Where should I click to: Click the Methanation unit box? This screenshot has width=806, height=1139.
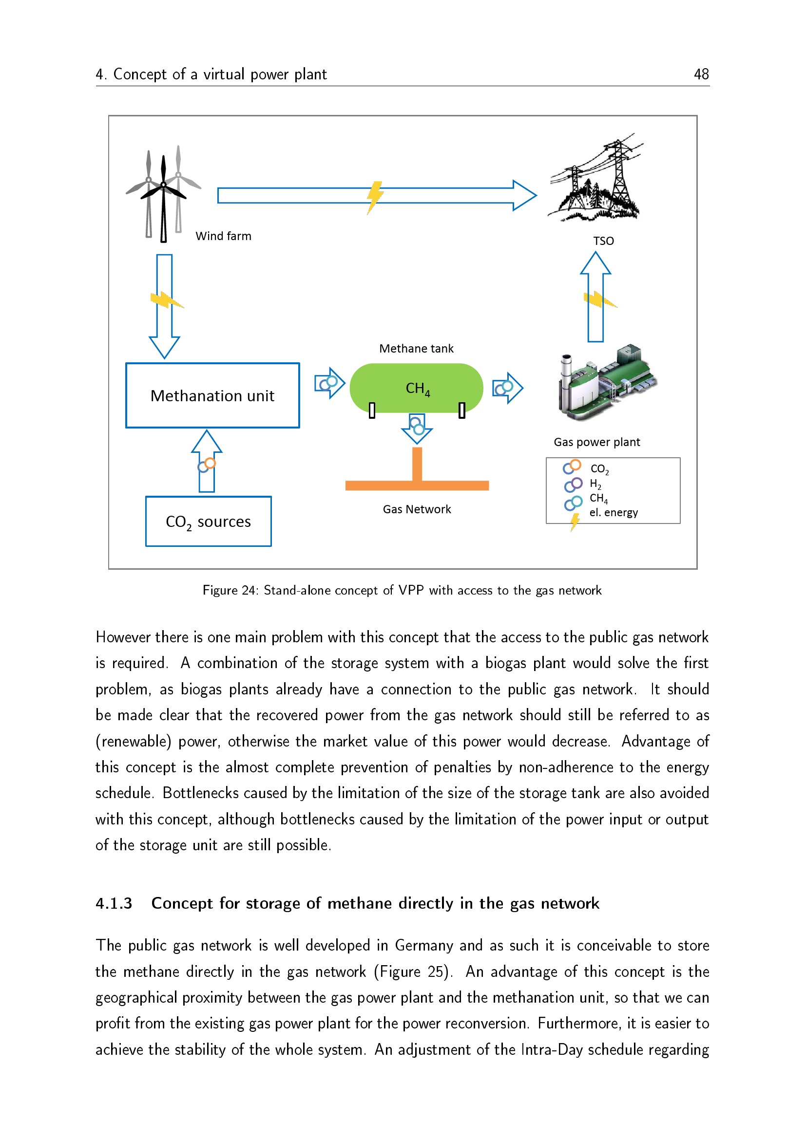tap(212, 395)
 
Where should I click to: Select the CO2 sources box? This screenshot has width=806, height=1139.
tap(209, 521)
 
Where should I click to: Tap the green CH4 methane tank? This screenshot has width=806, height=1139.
tap(416, 388)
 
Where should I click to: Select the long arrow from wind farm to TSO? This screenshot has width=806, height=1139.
tap(377, 195)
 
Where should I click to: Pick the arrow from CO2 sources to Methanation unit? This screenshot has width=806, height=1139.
tap(207, 461)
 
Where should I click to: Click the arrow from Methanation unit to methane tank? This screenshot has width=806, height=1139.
tap(330, 383)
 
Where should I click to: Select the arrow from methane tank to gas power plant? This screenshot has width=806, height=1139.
tap(508, 388)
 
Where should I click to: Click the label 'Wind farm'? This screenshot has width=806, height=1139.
tap(223, 236)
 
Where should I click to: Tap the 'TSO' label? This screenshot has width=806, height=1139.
tap(603, 241)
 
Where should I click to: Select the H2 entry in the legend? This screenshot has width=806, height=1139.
tap(595, 484)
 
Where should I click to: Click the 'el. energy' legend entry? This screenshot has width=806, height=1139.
tap(614, 512)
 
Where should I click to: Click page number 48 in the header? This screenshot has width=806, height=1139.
tap(701, 74)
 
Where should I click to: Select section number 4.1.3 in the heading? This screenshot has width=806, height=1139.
tap(114, 903)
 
